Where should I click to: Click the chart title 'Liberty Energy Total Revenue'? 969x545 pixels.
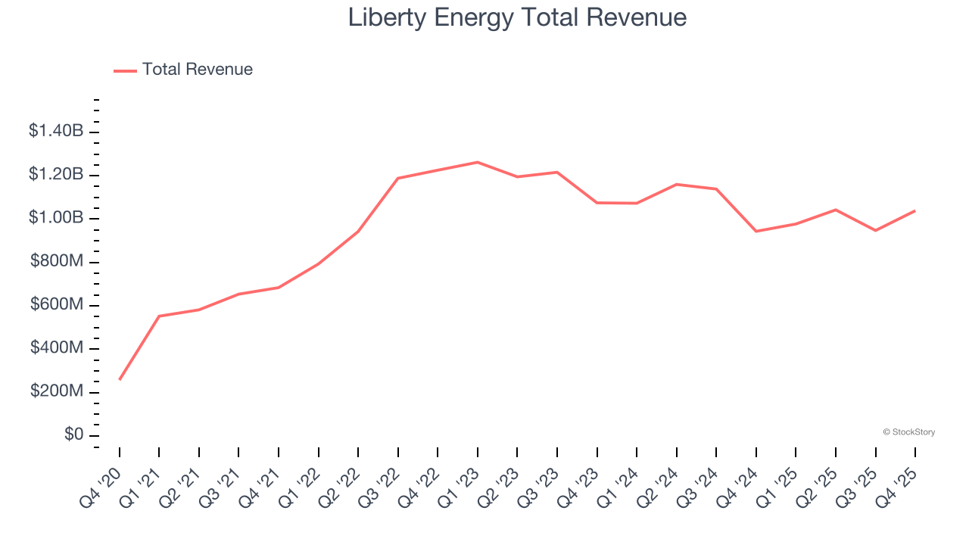pyautogui.click(x=517, y=17)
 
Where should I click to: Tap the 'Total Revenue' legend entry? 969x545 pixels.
pyautogui.click(x=197, y=70)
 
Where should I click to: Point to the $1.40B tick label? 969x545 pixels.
pyautogui.click(x=56, y=131)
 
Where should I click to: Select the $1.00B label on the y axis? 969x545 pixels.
pyautogui.click(x=56, y=218)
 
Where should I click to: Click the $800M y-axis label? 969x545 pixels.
pyautogui.click(x=57, y=262)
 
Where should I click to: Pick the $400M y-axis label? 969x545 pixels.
pyautogui.click(x=57, y=348)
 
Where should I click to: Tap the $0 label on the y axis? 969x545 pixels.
pyautogui.click(x=73, y=435)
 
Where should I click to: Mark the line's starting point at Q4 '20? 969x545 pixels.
pyautogui.click(x=120, y=379)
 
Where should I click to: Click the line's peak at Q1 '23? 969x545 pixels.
pyautogui.click(x=478, y=162)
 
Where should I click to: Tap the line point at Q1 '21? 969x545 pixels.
pyautogui.click(x=159, y=316)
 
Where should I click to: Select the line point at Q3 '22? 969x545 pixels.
pyautogui.click(x=398, y=178)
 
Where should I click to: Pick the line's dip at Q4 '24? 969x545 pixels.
pyautogui.click(x=756, y=231)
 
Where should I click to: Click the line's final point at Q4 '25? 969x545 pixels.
pyautogui.click(x=915, y=210)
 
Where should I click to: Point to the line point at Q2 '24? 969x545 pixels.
pyautogui.click(x=677, y=184)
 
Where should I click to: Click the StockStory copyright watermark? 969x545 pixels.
pyautogui.click(x=908, y=432)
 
